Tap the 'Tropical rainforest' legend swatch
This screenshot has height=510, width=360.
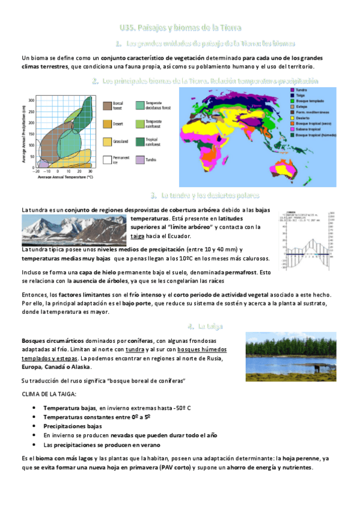(141, 142)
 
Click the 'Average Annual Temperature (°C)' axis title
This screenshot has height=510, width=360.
(66, 177)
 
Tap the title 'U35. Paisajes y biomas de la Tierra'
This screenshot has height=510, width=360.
(180, 28)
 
